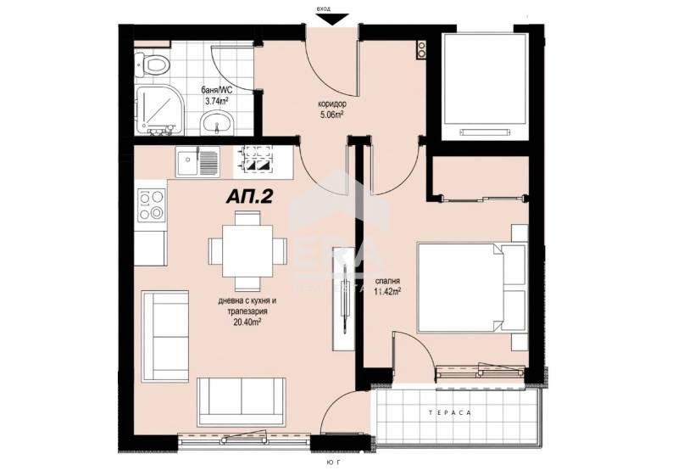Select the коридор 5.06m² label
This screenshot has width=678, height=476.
(x=325, y=109)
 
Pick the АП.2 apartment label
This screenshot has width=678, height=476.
(x=248, y=196)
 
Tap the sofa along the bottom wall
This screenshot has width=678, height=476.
(x=241, y=402)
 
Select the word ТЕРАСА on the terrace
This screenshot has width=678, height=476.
(x=456, y=412)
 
